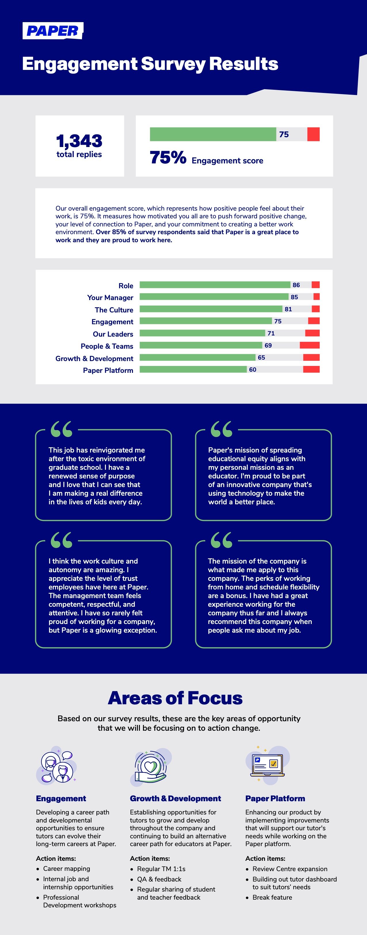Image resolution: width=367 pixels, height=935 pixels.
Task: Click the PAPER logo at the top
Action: tap(53, 31)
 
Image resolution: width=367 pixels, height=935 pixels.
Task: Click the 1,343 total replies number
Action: tap(79, 141)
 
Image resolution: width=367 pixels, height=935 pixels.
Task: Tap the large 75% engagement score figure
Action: tap(168, 158)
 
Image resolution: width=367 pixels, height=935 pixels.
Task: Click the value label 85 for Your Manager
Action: tap(294, 297)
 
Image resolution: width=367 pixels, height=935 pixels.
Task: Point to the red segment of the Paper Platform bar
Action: tap(311, 369)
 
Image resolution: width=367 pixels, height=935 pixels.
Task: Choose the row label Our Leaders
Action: tap(113, 334)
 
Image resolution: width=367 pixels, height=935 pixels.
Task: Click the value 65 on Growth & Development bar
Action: tap(261, 358)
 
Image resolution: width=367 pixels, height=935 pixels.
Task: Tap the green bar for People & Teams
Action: tap(200, 345)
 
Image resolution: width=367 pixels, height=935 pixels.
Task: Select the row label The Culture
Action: tap(114, 310)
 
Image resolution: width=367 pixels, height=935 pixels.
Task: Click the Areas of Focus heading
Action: tap(175, 698)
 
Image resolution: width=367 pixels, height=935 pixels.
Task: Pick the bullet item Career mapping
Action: tap(66, 869)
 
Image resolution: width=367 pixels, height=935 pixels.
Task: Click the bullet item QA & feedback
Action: tap(159, 879)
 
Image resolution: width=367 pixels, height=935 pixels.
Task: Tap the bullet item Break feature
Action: tap(272, 897)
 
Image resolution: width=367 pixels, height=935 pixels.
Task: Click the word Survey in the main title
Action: tap(173, 64)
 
